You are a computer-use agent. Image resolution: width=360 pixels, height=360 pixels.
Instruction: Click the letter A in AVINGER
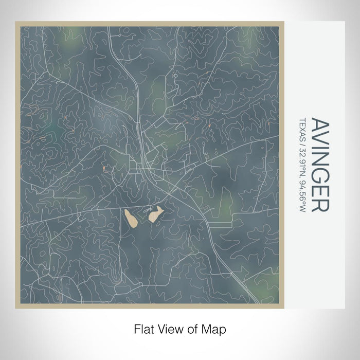[x=320, y=125]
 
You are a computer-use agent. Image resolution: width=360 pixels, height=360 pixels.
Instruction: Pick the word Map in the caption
[x=215, y=328]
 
